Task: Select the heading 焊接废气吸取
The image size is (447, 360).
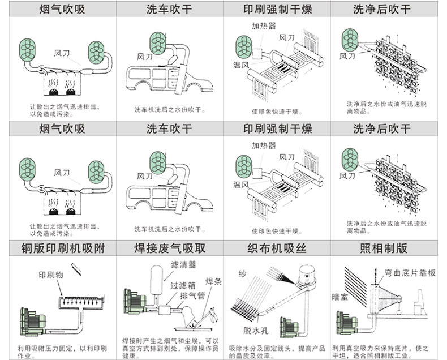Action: click(169, 248)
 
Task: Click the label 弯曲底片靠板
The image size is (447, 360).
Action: click(410, 273)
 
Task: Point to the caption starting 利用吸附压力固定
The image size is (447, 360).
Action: click(59, 349)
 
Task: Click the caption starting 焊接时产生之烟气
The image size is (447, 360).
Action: click(170, 349)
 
